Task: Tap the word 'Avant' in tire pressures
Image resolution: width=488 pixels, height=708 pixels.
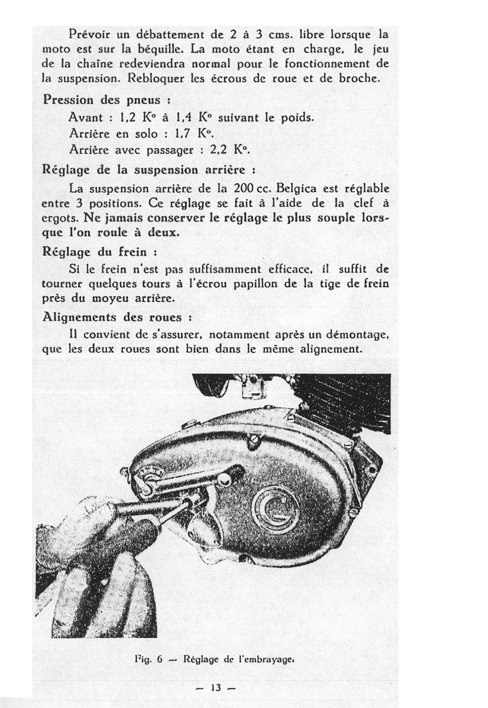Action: [x=85, y=117]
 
